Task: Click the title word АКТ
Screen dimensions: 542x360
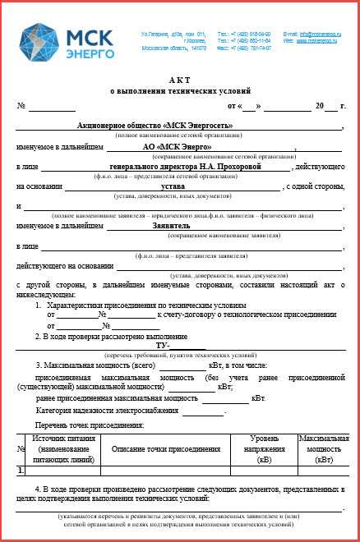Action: (180, 80)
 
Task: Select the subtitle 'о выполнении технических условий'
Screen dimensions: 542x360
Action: (180, 90)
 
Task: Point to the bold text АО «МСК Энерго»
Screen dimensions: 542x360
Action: (171, 146)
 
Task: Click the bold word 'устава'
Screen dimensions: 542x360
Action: (173, 187)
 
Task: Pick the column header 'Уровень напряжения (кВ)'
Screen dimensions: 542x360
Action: (264, 449)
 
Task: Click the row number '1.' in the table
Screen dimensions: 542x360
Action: (21, 471)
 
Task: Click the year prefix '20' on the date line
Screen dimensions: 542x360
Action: (318, 107)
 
